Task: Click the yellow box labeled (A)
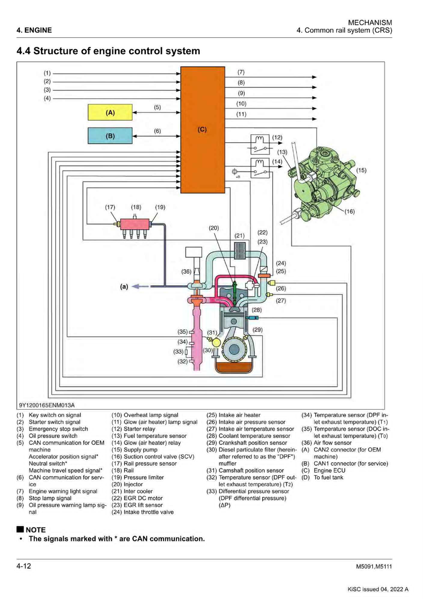(x=110, y=112)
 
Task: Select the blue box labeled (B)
(x=110, y=136)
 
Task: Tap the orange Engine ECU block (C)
(x=202, y=130)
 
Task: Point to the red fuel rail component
(x=136, y=224)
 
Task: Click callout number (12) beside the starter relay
(x=277, y=137)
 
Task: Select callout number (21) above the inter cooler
(x=240, y=236)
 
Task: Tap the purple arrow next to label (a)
(x=141, y=286)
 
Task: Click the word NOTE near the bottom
(x=36, y=529)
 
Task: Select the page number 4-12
(x=24, y=566)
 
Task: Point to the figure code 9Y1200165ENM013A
(x=47, y=405)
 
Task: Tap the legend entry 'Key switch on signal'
(x=55, y=415)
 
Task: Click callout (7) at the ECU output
(x=241, y=72)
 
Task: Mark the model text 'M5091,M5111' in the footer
(x=374, y=567)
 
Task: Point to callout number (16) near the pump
(x=350, y=211)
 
